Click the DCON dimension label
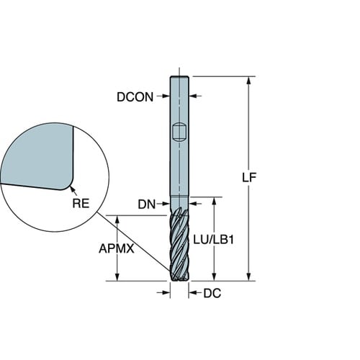click(x=135, y=97)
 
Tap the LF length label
click(x=249, y=178)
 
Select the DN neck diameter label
click(x=147, y=204)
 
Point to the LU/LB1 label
click(x=213, y=240)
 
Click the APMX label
click(x=117, y=248)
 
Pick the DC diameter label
click(x=212, y=293)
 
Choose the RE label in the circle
click(x=81, y=203)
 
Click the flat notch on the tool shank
click(x=179, y=132)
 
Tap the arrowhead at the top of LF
click(x=249, y=81)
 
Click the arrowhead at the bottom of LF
click(x=249, y=276)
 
